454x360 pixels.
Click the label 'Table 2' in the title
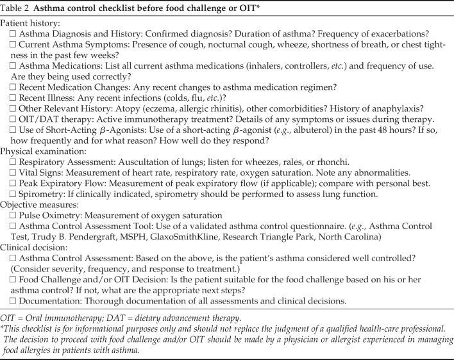[21, 7]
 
